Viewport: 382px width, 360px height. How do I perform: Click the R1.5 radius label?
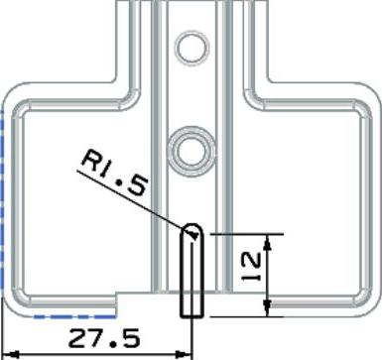[114, 173]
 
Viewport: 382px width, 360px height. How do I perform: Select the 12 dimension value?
[251, 266]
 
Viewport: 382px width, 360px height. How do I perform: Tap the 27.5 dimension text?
[104, 338]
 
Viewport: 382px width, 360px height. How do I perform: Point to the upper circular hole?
[191, 48]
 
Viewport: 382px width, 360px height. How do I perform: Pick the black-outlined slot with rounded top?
[191, 271]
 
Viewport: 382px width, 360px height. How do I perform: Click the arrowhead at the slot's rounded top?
[193, 235]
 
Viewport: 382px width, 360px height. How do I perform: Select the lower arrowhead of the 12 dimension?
[268, 308]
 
